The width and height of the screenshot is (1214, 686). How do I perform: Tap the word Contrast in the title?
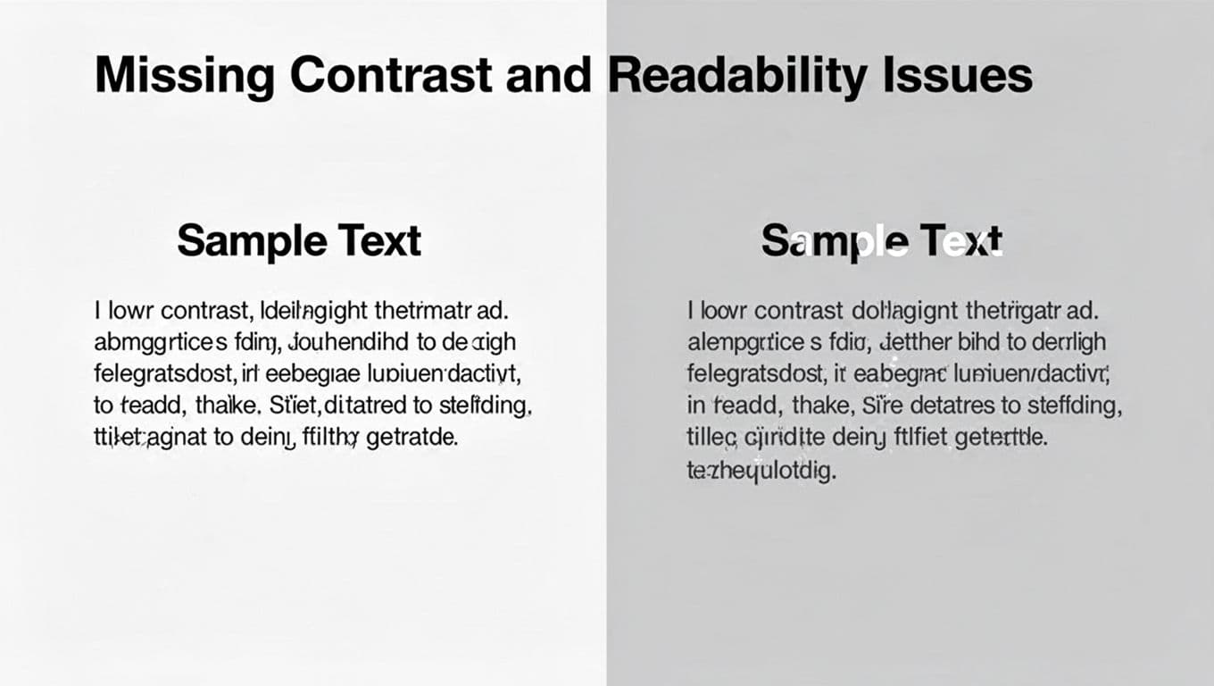point(390,76)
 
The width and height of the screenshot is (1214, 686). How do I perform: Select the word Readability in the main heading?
point(736,76)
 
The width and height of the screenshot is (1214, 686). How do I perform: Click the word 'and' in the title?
point(548,76)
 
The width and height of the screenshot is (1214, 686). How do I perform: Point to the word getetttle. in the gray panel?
point(996,439)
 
